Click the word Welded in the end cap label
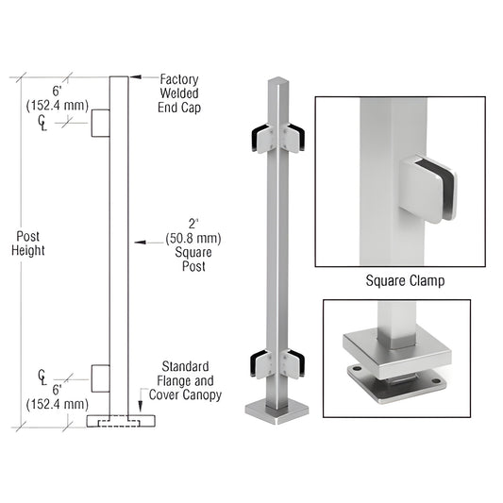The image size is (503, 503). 180,94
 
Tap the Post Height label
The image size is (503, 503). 28,243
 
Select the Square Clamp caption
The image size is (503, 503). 404,280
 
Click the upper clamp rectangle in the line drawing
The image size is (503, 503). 101,124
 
